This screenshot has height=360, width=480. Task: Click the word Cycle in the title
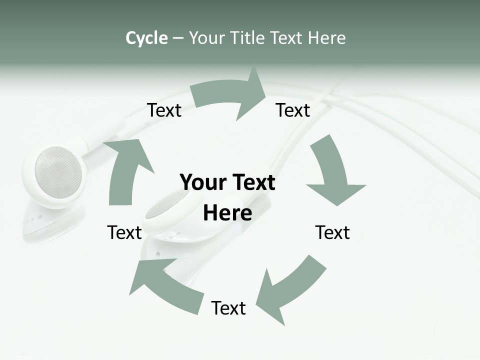146,38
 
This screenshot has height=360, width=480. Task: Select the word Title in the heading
247,38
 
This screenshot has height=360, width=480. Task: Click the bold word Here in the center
227,213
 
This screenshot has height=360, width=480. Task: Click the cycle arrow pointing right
230,95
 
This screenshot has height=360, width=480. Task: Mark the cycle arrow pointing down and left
290,290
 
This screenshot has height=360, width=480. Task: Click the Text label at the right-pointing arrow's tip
293,110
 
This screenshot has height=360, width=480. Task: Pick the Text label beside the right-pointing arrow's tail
164,110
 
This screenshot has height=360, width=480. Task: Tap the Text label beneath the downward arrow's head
332,232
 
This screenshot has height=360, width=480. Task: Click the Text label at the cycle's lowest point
228,308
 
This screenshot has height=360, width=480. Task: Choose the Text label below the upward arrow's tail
124,232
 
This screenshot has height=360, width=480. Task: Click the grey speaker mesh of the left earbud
58,172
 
